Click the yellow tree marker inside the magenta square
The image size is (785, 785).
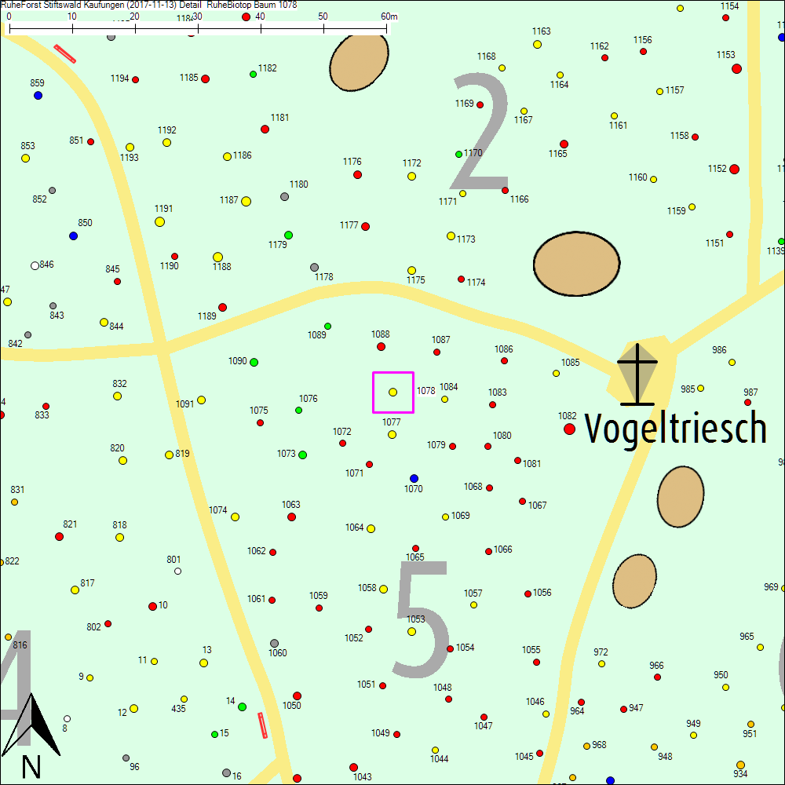(x=392, y=392)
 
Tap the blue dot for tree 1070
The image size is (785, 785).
(x=414, y=478)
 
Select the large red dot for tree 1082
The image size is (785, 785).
(x=569, y=429)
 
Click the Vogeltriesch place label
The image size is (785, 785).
(x=675, y=428)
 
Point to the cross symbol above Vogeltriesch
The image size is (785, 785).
(x=637, y=374)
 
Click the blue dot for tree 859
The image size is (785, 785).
(x=38, y=95)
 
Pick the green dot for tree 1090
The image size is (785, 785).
(x=254, y=362)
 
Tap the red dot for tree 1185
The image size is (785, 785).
(x=205, y=78)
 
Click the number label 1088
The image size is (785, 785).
(x=380, y=334)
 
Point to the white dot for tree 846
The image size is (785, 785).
(x=35, y=265)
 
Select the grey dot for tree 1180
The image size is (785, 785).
(x=284, y=196)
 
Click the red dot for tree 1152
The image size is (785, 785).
(x=734, y=169)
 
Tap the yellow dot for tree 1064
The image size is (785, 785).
(x=371, y=528)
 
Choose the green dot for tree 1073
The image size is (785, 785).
(x=302, y=455)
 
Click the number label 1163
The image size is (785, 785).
(x=541, y=31)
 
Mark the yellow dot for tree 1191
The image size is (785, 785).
(x=159, y=221)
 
